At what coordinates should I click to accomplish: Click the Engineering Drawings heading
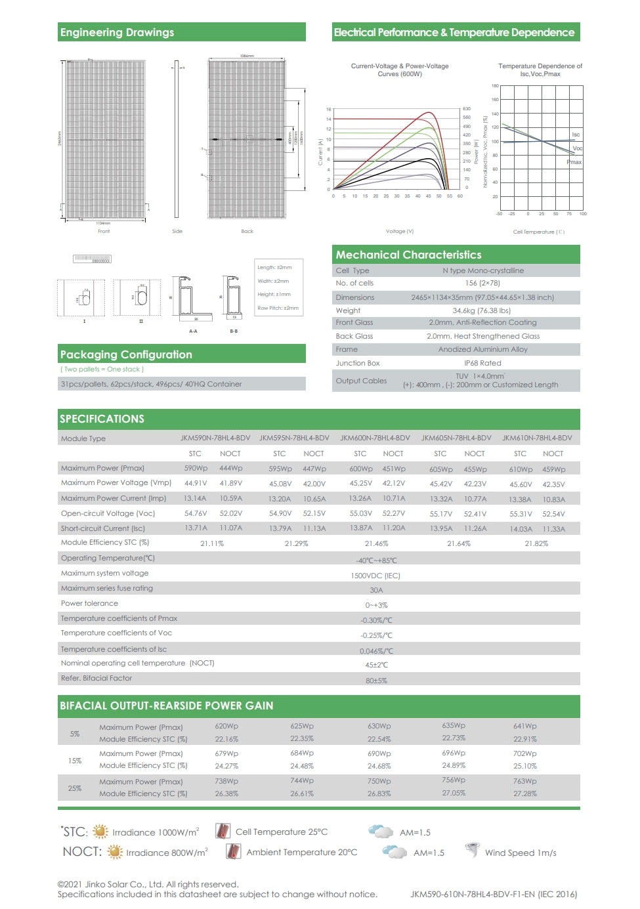click(117, 32)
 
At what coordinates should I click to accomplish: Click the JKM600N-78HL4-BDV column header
click(375, 438)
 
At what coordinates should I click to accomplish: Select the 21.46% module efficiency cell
click(376, 543)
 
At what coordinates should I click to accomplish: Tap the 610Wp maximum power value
click(521, 469)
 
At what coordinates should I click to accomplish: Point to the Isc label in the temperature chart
click(576, 135)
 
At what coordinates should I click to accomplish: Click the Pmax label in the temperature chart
click(574, 162)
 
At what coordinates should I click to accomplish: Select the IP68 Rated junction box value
click(482, 363)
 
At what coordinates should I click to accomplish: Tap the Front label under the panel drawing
click(104, 231)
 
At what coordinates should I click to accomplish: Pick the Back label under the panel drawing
click(247, 231)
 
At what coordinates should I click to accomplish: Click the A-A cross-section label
click(193, 331)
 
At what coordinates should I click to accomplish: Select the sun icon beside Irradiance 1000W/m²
click(100, 832)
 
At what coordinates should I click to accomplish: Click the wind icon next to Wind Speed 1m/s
click(472, 851)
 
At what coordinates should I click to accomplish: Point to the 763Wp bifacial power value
click(524, 781)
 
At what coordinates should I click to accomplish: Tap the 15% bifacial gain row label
click(75, 761)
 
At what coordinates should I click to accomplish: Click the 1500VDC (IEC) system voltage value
click(375, 576)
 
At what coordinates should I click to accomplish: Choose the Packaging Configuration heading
click(126, 354)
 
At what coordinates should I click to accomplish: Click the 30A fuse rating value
click(376, 590)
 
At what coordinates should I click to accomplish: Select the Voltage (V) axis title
click(400, 231)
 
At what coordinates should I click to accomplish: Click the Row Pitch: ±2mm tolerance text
click(278, 308)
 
